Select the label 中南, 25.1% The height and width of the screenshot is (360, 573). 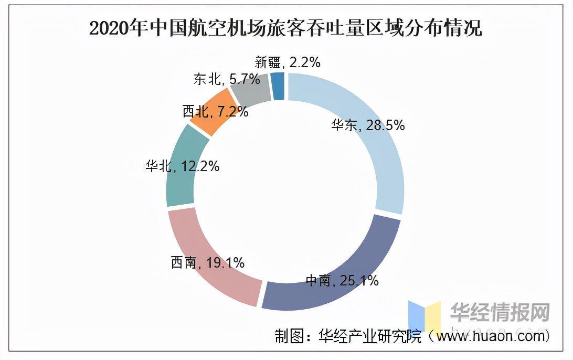coord(342,281)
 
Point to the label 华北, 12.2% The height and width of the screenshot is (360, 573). coord(182,166)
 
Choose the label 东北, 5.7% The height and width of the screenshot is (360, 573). coord(227,79)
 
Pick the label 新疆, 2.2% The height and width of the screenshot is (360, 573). coord(287,62)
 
